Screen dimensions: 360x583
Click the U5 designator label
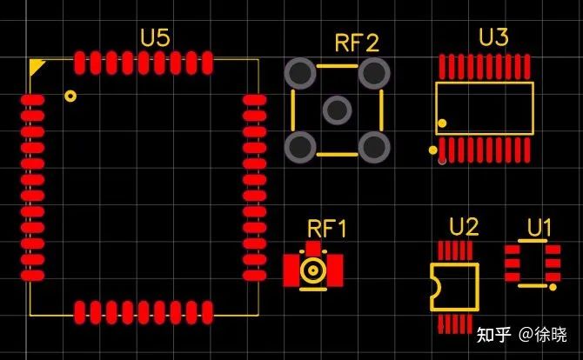155,37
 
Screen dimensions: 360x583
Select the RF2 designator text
357,43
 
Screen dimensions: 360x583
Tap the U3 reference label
493,37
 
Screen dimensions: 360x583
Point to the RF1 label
327,230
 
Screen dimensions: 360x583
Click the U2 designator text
464,228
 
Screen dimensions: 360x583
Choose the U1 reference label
539,228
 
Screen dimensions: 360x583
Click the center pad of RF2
337,110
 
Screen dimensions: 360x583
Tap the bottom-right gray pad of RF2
374,147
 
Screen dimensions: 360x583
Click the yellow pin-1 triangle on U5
37,66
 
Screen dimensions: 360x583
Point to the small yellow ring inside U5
70,97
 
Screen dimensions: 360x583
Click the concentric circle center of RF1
312,270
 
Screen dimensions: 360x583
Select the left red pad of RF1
291,270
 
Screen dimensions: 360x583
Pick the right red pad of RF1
334,270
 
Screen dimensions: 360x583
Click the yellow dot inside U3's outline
442,123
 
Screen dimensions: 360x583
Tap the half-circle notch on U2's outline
434,285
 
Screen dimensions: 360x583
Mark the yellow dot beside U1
553,285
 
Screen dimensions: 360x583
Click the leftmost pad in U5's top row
80,63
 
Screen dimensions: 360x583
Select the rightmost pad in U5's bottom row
207,311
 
